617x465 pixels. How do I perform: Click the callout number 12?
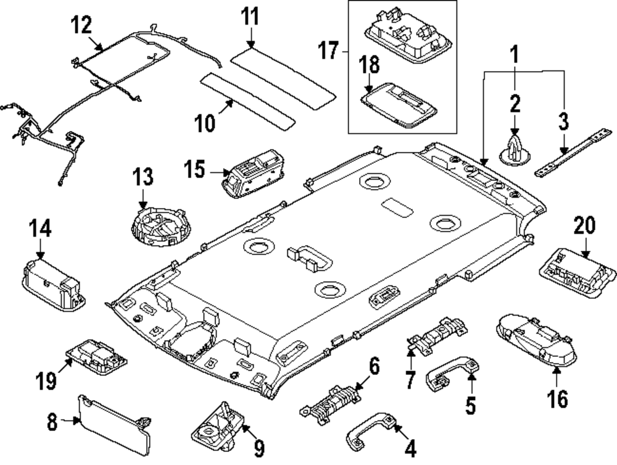81,25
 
